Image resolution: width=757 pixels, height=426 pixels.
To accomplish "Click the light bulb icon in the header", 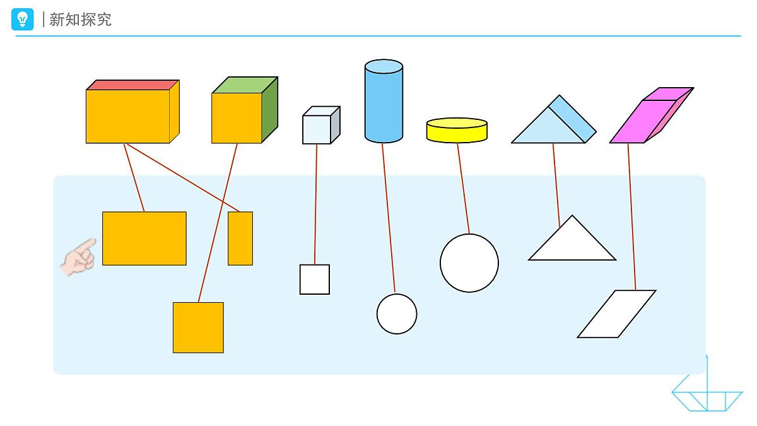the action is [x=22, y=20].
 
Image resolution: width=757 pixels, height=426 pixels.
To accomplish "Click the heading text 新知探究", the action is [x=81, y=20].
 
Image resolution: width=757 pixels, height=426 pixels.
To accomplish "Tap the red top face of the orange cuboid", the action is [x=132, y=85].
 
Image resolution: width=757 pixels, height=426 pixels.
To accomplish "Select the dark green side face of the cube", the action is [x=270, y=110].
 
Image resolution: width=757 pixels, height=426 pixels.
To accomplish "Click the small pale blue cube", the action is [x=321, y=125].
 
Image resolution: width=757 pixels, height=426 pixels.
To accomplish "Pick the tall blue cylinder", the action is [x=384, y=101].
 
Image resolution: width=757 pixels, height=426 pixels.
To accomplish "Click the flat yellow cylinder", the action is [x=457, y=130].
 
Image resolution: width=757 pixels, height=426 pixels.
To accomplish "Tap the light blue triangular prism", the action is [x=554, y=119].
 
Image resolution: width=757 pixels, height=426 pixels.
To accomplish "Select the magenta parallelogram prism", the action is [x=652, y=115].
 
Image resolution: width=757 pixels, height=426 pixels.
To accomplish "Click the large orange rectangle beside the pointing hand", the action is [x=144, y=239].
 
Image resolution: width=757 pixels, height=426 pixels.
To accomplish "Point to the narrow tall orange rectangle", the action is [x=240, y=239].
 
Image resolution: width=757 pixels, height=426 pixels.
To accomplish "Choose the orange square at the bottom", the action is [x=198, y=328].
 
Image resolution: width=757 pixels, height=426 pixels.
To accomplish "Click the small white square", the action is [x=315, y=279].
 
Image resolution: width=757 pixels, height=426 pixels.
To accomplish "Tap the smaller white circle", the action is [x=397, y=314].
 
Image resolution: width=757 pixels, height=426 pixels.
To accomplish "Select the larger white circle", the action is [x=469, y=263].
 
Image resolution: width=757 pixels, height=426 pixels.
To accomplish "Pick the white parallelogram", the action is [x=617, y=314].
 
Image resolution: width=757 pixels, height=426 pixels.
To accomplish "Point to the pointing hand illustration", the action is [x=79, y=257].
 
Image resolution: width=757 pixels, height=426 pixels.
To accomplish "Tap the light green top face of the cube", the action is [x=245, y=85].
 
